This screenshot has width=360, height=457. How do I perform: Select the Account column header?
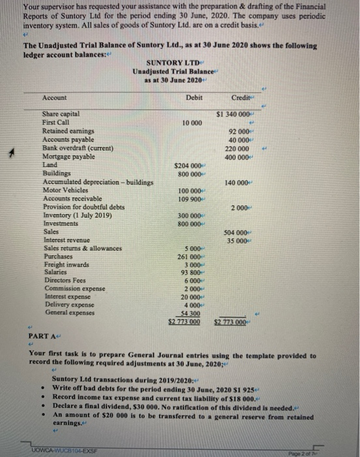pos(54,98)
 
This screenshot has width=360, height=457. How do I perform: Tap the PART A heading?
pos(43,338)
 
